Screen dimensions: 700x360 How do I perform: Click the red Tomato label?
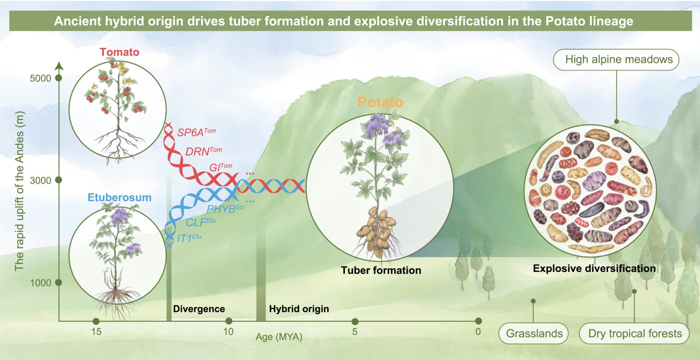click(120, 52)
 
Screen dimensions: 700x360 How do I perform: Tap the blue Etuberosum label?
click(119, 197)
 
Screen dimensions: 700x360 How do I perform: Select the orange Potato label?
click(380, 102)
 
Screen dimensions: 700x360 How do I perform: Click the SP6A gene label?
click(197, 132)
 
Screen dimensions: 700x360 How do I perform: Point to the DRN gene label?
click(204, 151)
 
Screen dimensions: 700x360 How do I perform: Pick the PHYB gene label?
click(226, 208)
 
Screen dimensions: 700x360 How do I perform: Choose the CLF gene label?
click(201, 222)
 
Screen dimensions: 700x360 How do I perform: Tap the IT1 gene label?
click(189, 238)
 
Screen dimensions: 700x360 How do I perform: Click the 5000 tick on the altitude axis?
click(40, 78)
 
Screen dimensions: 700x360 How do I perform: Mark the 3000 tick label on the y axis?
click(40, 180)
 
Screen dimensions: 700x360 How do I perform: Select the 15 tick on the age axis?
click(96, 332)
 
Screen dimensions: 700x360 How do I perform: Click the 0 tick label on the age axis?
click(478, 332)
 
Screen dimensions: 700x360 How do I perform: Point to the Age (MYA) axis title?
click(279, 337)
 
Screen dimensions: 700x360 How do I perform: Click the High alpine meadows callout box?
click(616, 60)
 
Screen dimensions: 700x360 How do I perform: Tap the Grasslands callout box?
click(534, 333)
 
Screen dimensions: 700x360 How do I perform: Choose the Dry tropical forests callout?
click(634, 333)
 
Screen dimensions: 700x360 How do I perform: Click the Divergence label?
click(199, 309)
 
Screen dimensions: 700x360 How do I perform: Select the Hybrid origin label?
click(299, 309)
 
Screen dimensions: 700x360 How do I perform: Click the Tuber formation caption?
click(381, 270)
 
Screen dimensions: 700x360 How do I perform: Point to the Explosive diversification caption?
click(594, 268)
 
